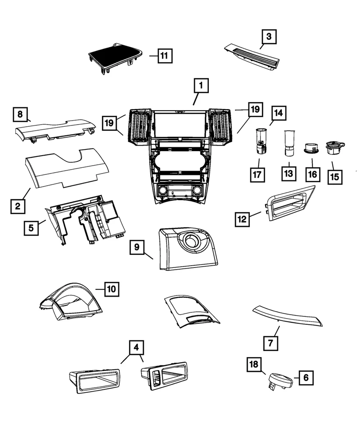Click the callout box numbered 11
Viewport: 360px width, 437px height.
coord(165,56)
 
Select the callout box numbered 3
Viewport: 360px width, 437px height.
coord(269,37)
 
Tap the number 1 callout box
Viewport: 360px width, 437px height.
coord(201,85)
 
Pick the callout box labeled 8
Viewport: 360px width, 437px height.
coord(20,114)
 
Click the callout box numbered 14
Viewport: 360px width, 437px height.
coord(278,113)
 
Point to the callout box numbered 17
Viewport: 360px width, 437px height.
coord(257,175)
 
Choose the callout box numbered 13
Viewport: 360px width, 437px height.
coord(289,173)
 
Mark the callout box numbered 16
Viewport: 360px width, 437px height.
coord(313,174)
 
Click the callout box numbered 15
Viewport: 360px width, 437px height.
coord(335,177)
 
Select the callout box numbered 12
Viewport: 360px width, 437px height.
coord(242,219)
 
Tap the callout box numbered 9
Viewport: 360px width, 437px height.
coord(137,247)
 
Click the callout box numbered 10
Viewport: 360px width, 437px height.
coord(112,289)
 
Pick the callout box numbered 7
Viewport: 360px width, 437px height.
coord(271,343)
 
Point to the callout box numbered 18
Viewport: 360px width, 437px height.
coord(254,364)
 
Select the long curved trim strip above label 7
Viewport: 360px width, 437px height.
coord(287,316)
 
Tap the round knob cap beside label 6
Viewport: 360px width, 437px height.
coord(280,380)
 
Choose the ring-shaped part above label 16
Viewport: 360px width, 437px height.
coord(311,148)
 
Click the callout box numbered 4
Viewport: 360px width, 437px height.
coord(136,347)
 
